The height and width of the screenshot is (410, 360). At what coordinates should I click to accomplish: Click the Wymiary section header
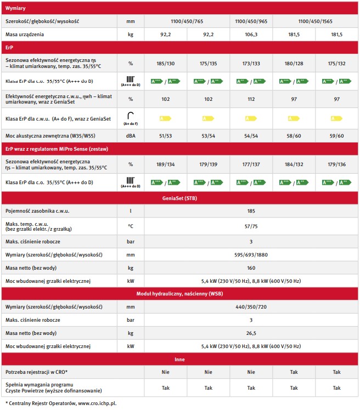tap(15, 9)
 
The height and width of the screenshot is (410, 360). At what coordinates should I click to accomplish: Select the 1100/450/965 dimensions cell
tap(251, 21)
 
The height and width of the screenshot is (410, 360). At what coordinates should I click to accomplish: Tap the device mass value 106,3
tap(251, 35)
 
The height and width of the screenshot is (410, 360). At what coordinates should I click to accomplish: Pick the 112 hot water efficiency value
tap(251, 99)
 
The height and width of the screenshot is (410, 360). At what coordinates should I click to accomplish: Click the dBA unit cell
tap(130, 135)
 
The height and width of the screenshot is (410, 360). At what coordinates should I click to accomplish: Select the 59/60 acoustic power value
tap(336, 135)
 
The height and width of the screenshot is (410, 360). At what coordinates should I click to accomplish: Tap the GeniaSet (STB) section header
tap(180, 198)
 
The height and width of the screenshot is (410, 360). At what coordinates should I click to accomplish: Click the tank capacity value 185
tap(251, 210)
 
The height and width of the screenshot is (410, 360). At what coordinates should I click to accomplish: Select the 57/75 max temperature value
tap(251, 225)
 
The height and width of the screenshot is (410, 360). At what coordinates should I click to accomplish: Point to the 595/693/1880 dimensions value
tap(251, 255)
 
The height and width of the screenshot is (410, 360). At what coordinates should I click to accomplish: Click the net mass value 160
tap(251, 268)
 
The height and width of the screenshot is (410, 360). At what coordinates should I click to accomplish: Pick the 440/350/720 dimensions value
tap(251, 307)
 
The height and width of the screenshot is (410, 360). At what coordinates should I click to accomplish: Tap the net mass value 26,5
tap(251, 333)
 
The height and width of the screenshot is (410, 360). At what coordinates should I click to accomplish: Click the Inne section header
tap(180, 359)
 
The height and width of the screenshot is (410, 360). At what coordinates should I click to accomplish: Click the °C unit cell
tap(130, 225)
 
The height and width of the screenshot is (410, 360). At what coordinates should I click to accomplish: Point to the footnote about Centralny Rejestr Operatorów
tap(60, 403)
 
